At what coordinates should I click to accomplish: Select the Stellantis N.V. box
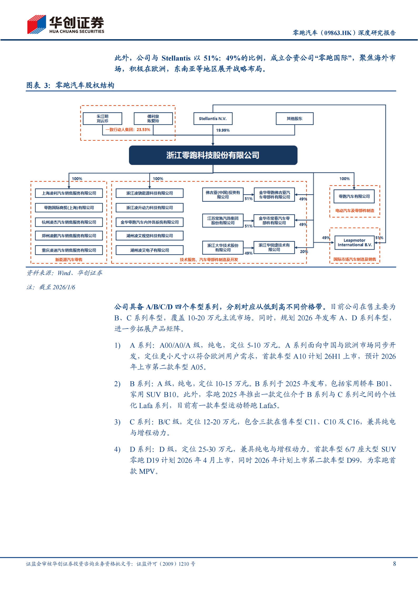213,118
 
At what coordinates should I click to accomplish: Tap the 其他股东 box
295,118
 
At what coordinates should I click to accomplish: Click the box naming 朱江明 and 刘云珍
102,118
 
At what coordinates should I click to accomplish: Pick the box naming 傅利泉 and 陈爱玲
153,118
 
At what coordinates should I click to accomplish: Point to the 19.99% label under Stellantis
223,130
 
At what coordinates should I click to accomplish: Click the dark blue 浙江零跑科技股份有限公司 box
213,155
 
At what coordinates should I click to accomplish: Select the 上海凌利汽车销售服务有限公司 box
69,193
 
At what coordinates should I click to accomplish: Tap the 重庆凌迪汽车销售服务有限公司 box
69,250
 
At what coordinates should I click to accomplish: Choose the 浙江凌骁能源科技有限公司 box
150,193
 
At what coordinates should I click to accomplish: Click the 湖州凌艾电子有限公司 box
150,250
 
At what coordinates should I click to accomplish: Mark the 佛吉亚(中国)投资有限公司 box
223,195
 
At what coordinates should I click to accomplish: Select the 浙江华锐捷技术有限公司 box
274,247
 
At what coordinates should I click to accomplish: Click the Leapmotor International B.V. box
355,242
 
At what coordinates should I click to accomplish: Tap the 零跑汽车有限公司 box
354,196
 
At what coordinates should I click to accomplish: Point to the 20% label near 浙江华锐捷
304,252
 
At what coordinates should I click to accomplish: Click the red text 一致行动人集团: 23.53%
128,130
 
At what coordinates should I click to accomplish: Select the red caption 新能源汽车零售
69,260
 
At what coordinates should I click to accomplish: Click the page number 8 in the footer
394,564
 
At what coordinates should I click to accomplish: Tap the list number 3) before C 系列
117,422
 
